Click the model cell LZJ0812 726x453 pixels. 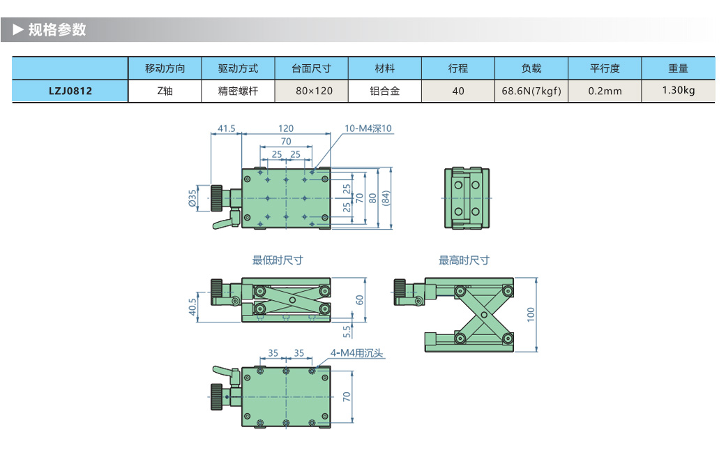point(70,91)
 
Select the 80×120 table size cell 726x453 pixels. point(312,91)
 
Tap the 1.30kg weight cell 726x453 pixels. point(678,90)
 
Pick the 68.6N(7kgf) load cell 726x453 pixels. point(531,91)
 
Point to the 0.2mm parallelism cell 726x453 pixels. point(604,91)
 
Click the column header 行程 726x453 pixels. point(457,68)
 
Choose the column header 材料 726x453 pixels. point(384,68)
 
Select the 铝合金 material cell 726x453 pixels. point(384,91)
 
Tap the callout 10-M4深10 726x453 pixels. point(369,128)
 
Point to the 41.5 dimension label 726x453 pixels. point(226,128)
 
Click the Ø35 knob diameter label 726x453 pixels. point(192,199)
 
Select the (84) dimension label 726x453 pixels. point(386,198)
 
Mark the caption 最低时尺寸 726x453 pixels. point(278,260)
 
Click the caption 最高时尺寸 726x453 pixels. point(464,260)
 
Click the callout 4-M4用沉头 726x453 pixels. point(357,353)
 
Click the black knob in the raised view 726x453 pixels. point(400,291)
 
